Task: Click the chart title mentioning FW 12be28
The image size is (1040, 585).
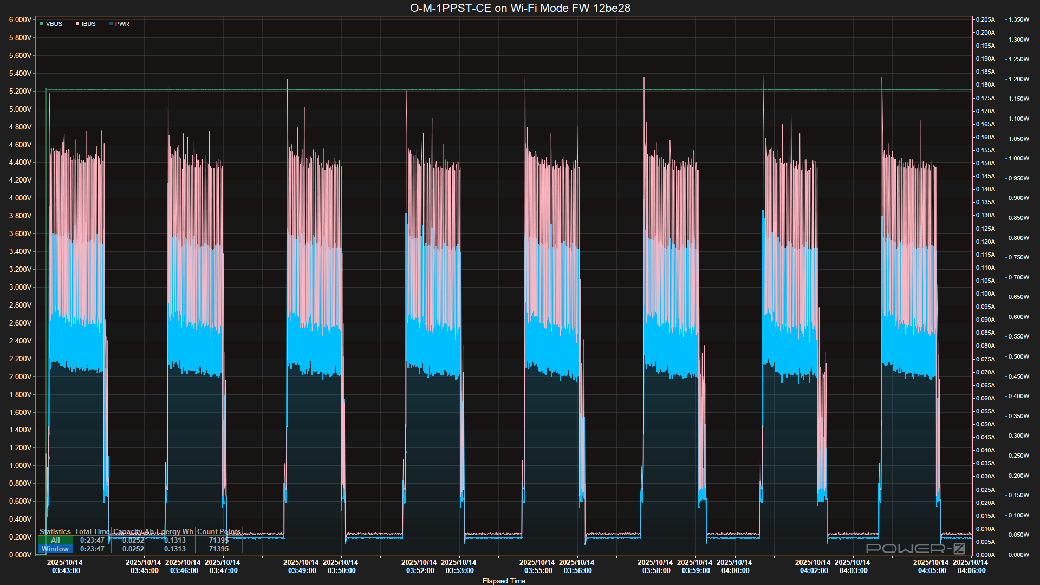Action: [x=520, y=8]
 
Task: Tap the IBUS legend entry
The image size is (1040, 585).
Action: [x=86, y=24]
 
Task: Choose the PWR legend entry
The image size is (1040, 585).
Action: [x=120, y=24]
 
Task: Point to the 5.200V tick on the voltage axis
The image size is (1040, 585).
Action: [x=20, y=91]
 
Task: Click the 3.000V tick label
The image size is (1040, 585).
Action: [x=20, y=287]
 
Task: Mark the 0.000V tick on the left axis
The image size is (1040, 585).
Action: [x=20, y=555]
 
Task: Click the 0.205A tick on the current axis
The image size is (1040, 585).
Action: [x=985, y=19]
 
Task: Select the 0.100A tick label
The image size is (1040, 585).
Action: [x=985, y=294]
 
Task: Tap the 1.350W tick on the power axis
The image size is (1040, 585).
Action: [x=1019, y=19]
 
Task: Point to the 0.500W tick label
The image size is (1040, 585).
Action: [x=1019, y=356]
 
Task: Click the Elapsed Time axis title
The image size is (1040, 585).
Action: [x=504, y=581]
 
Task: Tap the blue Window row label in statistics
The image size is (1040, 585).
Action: [x=55, y=549]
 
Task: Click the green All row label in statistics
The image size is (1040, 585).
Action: [x=55, y=540]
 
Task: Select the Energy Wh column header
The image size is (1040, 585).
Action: [x=174, y=531]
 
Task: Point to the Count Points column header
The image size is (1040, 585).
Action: [x=218, y=531]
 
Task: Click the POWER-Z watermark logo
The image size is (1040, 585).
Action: [x=915, y=548]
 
